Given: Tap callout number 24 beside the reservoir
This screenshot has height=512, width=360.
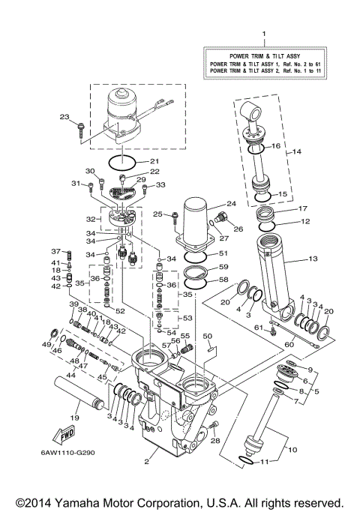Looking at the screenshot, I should pos(231,204).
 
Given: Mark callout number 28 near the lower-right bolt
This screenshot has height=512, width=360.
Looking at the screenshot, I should pos(217,442).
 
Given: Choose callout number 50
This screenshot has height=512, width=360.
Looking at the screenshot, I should pos(208,337).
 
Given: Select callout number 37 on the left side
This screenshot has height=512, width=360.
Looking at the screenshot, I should pos(55,251).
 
